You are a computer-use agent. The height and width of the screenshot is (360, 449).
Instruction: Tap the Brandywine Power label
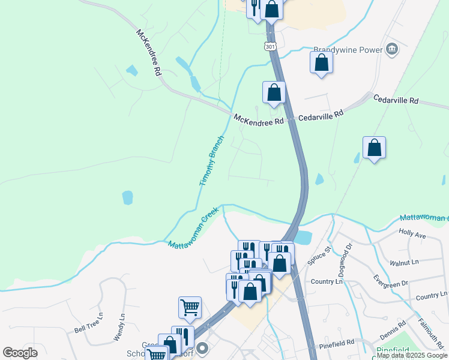(x=349, y=50)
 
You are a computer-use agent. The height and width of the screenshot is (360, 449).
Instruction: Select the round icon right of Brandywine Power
(x=393, y=49)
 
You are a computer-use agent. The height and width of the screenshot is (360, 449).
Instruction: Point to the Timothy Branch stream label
(x=211, y=161)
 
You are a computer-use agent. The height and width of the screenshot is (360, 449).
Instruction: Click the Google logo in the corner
(x=20, y=353)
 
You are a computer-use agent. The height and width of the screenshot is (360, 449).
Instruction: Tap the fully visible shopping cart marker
(x=190, y=308)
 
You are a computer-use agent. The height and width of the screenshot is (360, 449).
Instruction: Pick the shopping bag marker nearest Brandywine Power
(x=321, y=63)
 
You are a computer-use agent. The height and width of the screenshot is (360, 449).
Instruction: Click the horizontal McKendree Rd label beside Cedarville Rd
(x=259, y=120)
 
